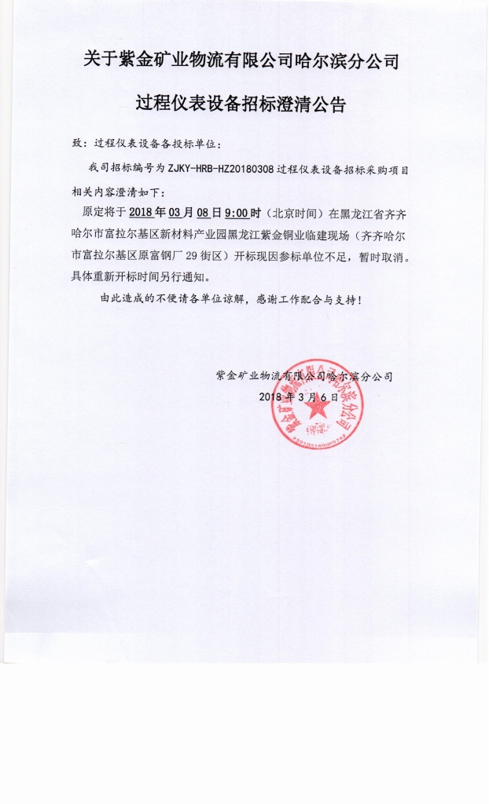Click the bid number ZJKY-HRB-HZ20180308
pyautogui.click(x=221, y=168)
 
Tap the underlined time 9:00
pyautogui.click(x=237, y=213)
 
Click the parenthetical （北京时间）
pyautogui.click(x=293, y=213)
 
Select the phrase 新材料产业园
pyautogui.click(x=193, y=234)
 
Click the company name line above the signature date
pyautogui.click(x=303, y=376)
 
